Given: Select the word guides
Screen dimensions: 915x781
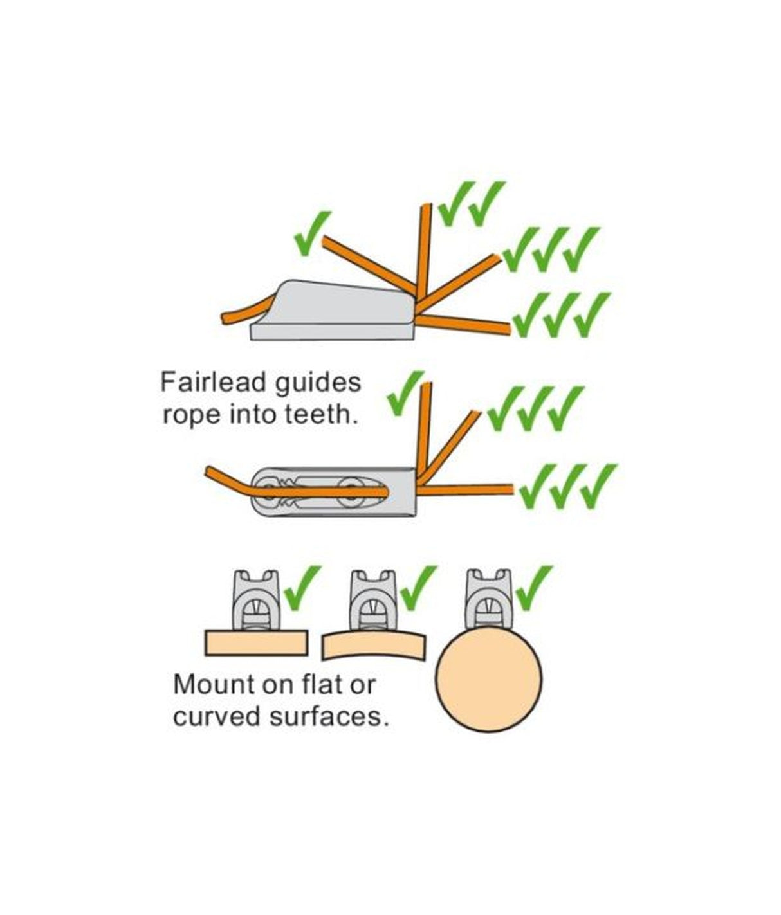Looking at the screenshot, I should [x=317, y=384].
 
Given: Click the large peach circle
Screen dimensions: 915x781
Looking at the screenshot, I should [x=489, y=679].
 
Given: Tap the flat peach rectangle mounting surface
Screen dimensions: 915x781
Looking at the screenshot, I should [x=256, y=642].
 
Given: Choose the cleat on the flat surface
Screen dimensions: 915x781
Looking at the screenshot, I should [x=257, y=599].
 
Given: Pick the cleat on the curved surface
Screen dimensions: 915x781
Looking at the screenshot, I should [x=374, y=599].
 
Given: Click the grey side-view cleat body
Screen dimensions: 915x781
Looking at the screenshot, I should [x=335, y=312].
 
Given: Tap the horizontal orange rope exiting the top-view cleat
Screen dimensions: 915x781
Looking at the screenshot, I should [x=466, y=490].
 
